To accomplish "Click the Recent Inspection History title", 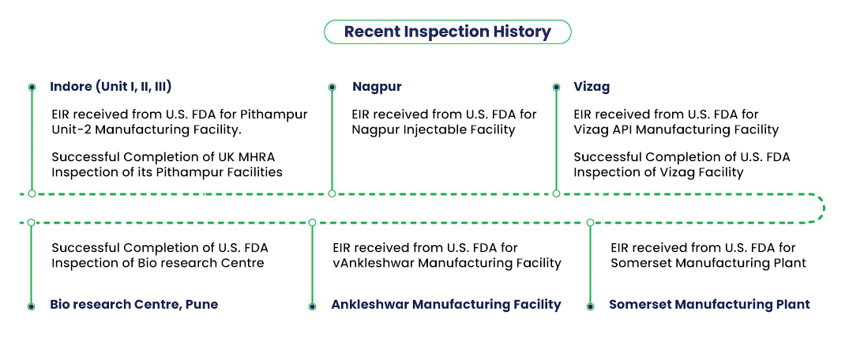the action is coord(447,32).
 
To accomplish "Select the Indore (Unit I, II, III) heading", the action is coord(111,87).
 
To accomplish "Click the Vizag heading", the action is coord(592,87).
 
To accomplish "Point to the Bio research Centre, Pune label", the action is coord(133,304).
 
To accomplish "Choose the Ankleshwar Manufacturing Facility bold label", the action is coord(446,305).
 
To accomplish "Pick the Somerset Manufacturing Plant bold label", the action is coord(709,305).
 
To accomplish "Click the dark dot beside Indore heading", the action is coord(32,87).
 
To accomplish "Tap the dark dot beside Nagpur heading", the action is coord(332,87).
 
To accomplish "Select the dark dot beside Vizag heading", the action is coord(556,87).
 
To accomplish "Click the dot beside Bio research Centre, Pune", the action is coord(32,306).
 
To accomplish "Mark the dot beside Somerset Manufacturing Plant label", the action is coord(590,306).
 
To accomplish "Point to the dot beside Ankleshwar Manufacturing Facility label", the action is coord(313,306).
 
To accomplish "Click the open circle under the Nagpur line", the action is coord(332,193).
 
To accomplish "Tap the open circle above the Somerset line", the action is coord(590,223).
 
